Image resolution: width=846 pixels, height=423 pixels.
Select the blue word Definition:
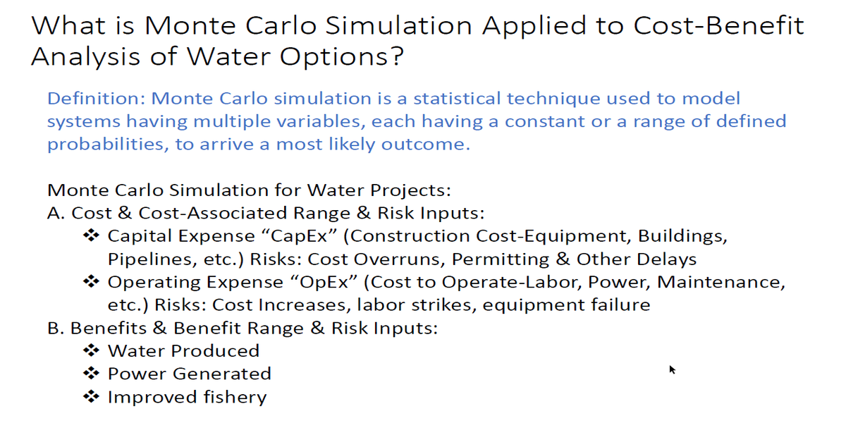click(x=97, y=98)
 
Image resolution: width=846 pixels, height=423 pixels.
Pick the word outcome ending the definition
click(x=426, y=145)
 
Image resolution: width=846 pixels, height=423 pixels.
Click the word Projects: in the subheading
click(x=410, y=190)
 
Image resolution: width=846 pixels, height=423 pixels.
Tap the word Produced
click(x=215, y=351)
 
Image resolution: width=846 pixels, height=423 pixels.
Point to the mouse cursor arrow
click(x=672, y=369)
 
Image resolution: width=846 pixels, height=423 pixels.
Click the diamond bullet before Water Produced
click(x=91, y=351)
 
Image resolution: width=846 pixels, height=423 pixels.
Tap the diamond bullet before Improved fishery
click(x=91, y=396)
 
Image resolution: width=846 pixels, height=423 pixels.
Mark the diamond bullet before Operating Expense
click(x=91, y=282)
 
